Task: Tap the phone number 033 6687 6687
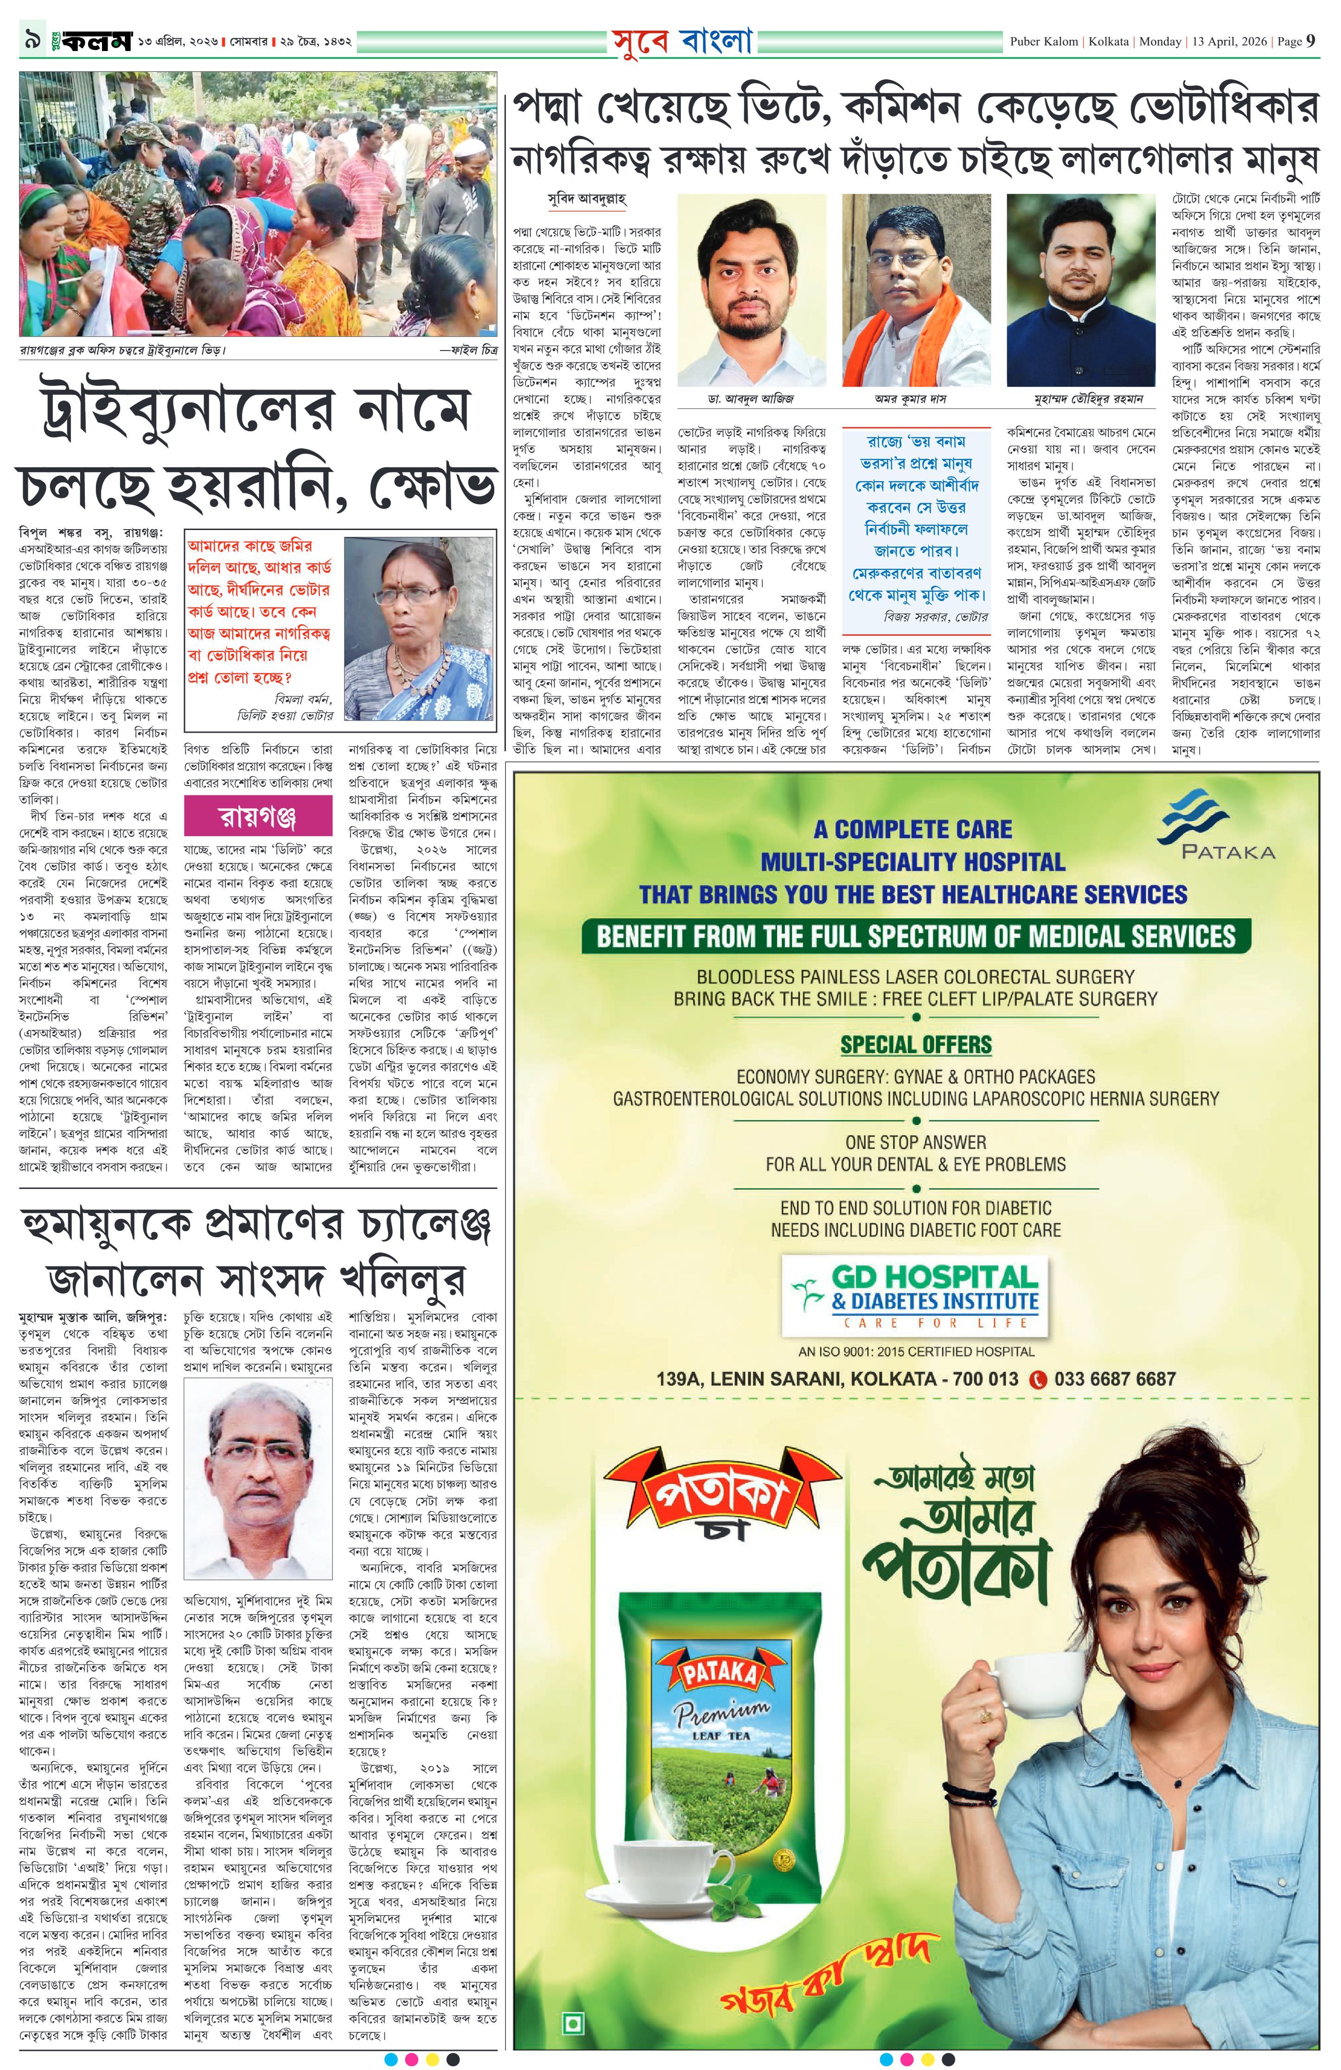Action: point(1114,1379)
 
